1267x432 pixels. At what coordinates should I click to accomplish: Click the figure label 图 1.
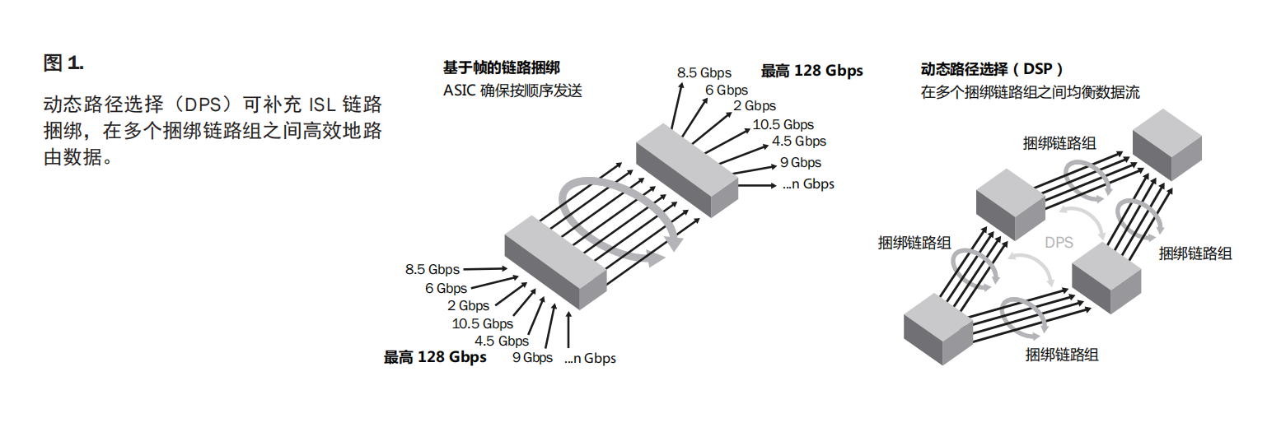(63, 63)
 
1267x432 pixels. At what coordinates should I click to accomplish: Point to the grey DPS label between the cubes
(1059, 243)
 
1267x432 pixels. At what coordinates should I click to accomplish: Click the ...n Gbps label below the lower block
(590, 358)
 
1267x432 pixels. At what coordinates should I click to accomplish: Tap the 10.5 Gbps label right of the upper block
(783, 124)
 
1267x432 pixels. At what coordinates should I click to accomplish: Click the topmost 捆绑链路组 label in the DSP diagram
(1059, 143)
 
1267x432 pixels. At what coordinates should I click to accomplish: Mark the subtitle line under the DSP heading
(1030, 92)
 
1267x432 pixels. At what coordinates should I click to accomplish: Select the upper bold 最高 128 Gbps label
(811, 71)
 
